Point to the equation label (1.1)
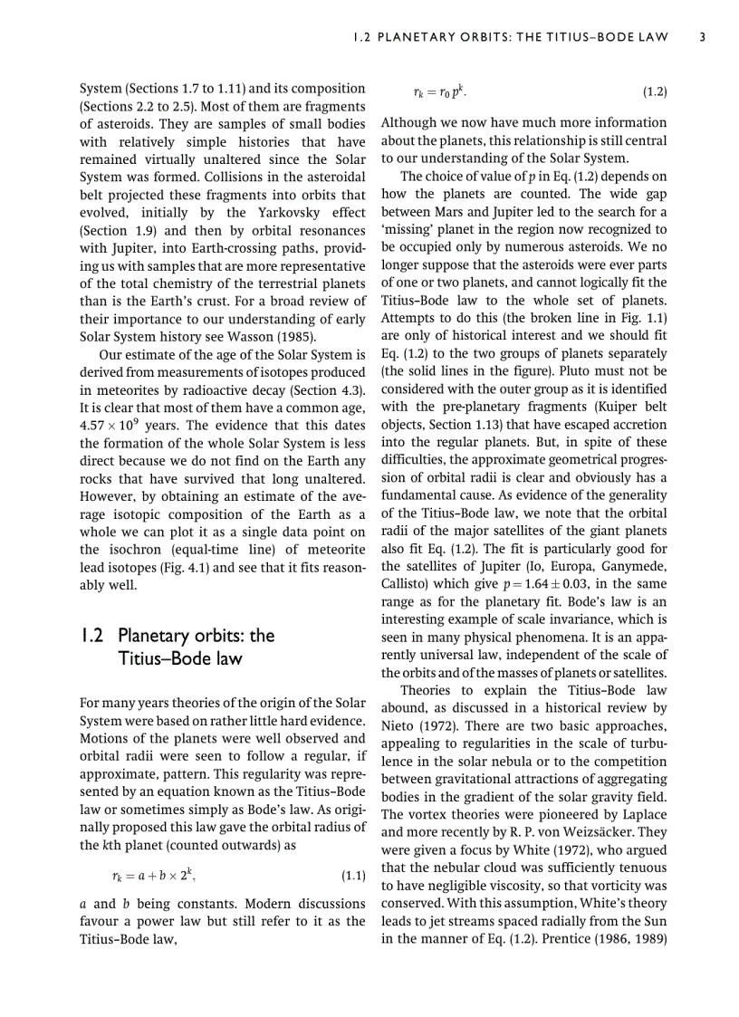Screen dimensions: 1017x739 coord(352,877)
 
